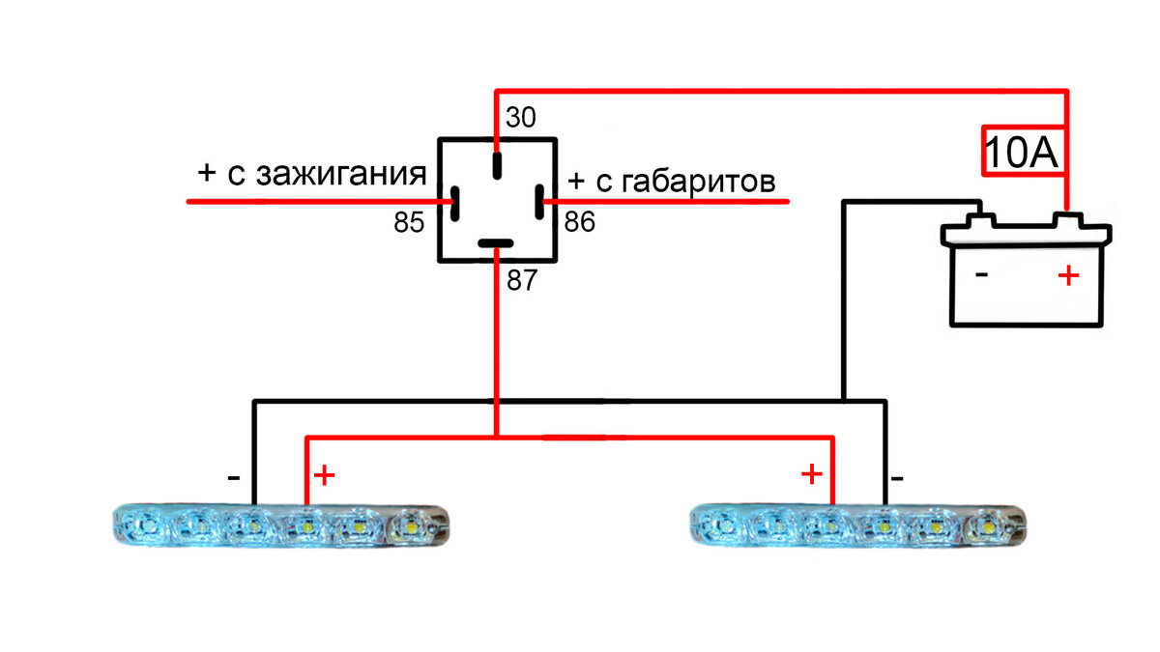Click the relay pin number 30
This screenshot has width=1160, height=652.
tap(520, 118)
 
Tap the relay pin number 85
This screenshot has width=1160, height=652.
tap(409, 223)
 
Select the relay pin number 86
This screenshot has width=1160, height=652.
tap(580, 223)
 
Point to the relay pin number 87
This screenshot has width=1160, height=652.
tap(520, 281)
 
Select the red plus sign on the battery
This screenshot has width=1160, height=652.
tap(1067, 276)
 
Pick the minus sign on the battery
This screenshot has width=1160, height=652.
tap(981, 275)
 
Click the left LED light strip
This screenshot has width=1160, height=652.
tap(280, 526)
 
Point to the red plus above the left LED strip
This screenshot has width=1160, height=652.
tap(325, 475)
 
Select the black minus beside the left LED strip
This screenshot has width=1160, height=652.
tap(234, 477)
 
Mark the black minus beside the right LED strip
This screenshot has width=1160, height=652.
tap(897, 477)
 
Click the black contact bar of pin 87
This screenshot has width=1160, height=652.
tap(497, 244)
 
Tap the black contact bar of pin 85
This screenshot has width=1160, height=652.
tap(454, 203)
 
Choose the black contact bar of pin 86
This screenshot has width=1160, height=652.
tap(538, 203)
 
